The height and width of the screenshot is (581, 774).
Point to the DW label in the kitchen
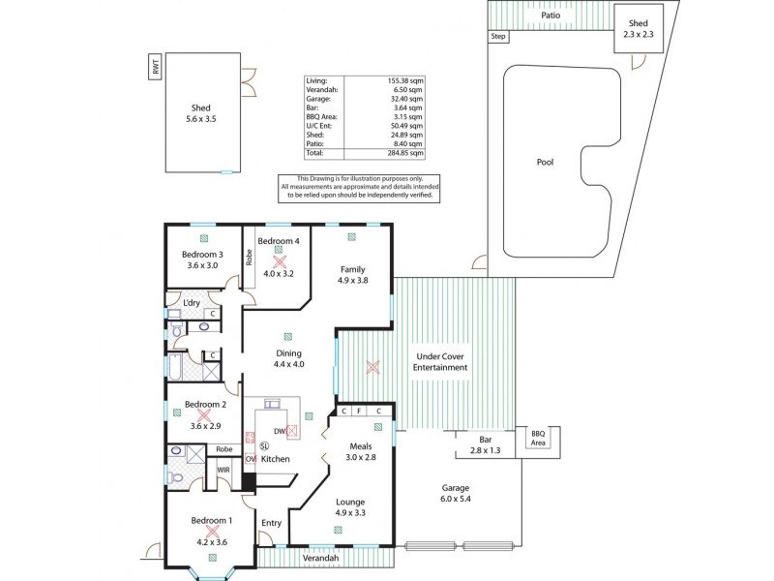279,431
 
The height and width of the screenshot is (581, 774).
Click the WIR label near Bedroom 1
223,470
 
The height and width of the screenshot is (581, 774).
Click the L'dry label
192,304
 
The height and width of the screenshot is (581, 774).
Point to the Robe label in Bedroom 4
249,258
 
